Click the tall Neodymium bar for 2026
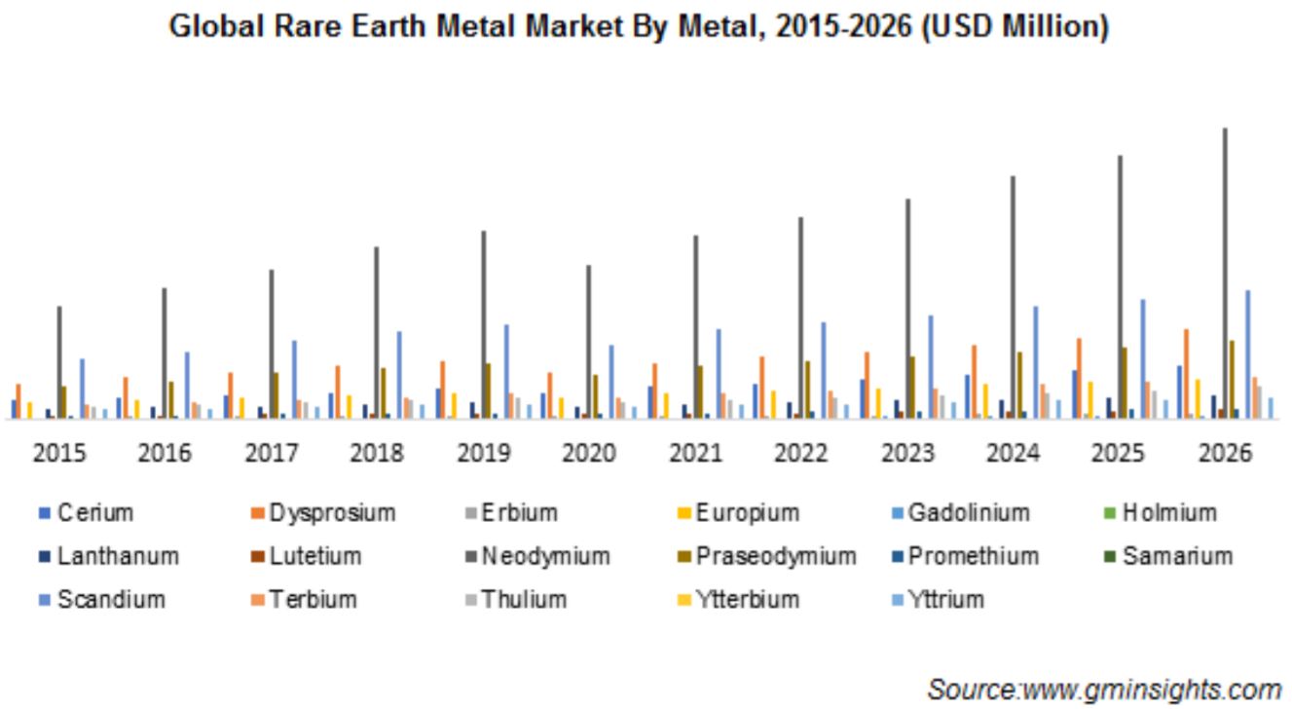tap(1225, 274)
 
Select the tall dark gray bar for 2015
tap(58, 362)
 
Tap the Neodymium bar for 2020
tap(588, 342)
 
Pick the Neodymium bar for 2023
tap(907, 309)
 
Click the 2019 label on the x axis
tap(484, 453)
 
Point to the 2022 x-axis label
tap(800, 453)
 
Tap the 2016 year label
tap(165, 453)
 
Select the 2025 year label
tap(1118, 453)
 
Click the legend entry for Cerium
tap(87, 512)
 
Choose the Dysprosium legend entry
tap(324, 512)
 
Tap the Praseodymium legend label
tap(776, 556)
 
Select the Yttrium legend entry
tap(939, 599)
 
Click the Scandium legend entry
tap(102, 599)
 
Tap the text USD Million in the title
tap(1015, 26)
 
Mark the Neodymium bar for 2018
tap(377, 333)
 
